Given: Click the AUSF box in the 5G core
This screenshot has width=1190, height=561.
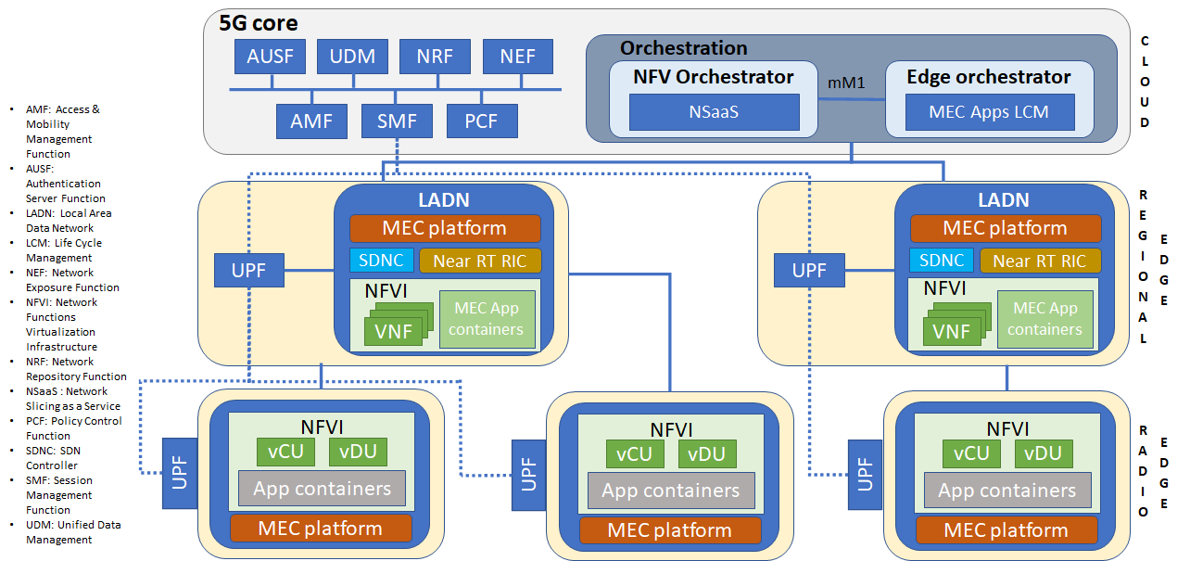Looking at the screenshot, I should point(270,57).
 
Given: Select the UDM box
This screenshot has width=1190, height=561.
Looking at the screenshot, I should point(352,57).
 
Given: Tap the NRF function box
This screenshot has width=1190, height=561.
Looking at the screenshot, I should point(435,57).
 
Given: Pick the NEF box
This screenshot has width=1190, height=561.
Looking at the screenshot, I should point(517,57).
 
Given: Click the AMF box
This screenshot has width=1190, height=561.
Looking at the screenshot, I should point(311,121).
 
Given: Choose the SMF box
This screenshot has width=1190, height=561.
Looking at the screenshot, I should point(397,121).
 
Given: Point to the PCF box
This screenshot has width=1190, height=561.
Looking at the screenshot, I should point(482,121).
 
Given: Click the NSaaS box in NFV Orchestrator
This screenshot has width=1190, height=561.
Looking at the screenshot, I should point(714,112).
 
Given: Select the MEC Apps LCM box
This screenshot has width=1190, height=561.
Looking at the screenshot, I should point(989,112).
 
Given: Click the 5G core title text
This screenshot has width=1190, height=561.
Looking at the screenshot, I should point(259,23).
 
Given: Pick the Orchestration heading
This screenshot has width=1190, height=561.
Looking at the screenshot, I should point(683,48).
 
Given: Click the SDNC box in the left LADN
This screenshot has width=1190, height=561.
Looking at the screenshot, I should point(381,261).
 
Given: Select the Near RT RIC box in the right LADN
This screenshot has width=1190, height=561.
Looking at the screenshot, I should point(1041,261).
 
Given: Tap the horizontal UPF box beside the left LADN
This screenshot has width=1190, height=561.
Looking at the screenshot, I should point(249,271).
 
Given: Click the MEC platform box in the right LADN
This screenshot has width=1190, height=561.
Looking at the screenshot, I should point(1006,228).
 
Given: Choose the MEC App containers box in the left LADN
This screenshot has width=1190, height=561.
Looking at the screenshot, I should point(487,319).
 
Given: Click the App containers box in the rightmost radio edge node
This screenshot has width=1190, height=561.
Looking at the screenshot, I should point(1007,491).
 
